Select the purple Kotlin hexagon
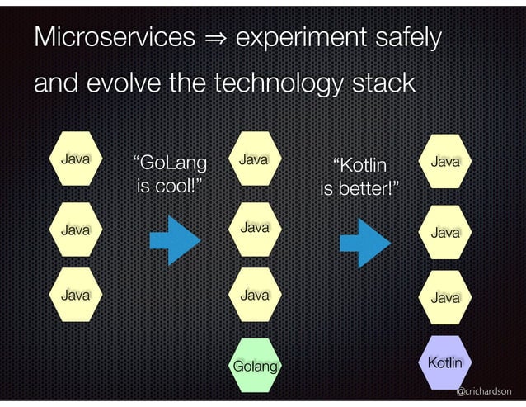pyautogui.click(x=445, y=362)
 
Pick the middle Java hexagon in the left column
pyautogui.click(x=75, y=229)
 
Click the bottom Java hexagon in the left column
pyautogui.click(x=75, y=293)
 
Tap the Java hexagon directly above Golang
pyautogui.click(x=254, y=293)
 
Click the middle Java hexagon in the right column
pyautogui.click(x=445, y=233)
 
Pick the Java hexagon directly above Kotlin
pyautogui.click(x=445, y=296)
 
